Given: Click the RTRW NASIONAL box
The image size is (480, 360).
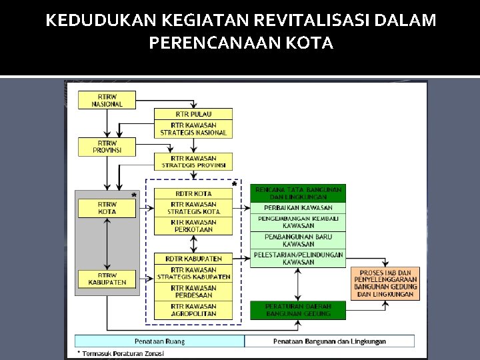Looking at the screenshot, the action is [107, 100].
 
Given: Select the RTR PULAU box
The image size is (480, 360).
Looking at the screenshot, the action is [193, 114].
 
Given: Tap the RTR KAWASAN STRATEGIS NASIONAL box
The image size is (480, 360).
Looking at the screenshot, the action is [193, 129].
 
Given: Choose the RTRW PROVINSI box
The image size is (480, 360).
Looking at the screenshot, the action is [107, 147].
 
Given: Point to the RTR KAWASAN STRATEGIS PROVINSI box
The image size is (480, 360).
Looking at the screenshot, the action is [193, 161].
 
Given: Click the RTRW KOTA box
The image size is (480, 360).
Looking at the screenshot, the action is [107, 208].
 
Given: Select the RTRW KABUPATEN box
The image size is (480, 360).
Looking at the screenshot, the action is [107, 279].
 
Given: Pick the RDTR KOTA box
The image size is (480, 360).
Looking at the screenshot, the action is [193, 194].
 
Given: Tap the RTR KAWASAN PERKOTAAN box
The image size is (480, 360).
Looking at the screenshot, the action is [193, 226].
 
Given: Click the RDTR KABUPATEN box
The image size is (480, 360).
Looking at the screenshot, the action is [193, 259].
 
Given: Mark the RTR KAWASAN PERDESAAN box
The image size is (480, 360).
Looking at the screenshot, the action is [193, 291].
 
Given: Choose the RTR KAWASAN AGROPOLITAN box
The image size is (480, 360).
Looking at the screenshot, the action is [193, 310].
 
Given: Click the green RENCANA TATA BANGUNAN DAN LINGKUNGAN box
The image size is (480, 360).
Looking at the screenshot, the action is [298, 193].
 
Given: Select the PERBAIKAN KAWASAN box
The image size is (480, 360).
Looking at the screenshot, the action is [298, 207].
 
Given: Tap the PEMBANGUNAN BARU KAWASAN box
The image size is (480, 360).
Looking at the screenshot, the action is [298, 241].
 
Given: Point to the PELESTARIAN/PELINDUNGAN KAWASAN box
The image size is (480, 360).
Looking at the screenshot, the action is [298, 258].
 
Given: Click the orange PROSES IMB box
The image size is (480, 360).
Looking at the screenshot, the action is [385, 283].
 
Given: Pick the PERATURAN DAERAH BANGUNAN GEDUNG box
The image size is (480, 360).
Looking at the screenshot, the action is [298, 310].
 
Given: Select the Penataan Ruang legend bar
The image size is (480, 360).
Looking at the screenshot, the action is [159, 341].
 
